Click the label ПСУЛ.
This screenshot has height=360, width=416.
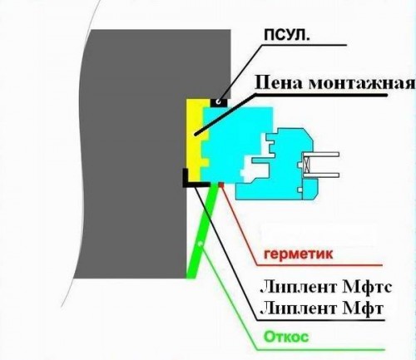(286, 36)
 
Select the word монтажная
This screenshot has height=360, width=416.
(361, 82)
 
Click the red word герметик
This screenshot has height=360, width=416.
(298, 254)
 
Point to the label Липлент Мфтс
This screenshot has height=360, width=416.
(326, 288)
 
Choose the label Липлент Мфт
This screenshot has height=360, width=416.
(322, 308)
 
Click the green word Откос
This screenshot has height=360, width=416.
(286, 338)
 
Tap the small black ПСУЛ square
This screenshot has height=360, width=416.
(219, 102)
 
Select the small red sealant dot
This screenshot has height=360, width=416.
(221, 185)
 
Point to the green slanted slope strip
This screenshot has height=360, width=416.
(201, 230)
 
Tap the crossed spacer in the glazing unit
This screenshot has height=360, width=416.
(307, 165)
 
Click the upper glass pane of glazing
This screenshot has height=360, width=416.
(321, 155)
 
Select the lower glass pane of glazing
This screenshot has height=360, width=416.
(321, 175)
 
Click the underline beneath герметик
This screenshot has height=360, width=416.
(319, 265)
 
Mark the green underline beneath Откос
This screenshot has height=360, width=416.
(321, 350)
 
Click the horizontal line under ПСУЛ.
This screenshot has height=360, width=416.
(304, 45)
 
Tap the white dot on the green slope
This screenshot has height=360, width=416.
(201, 244)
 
